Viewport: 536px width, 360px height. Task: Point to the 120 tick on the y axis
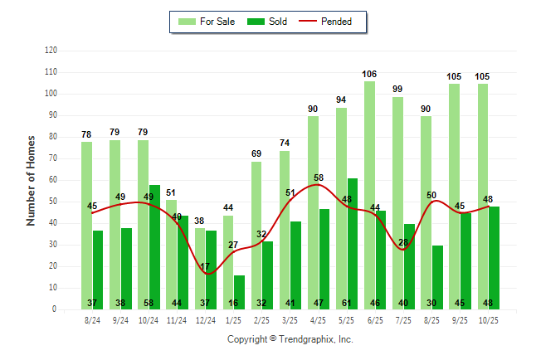pyautogui.click(x=51, y=51)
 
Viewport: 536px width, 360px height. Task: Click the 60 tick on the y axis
pyautogui.click(x=53, y=180)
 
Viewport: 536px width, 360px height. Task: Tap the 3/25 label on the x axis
pyautogui.click(x=290, y=319)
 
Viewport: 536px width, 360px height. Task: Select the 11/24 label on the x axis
pyautogui.click(x=177, y=319)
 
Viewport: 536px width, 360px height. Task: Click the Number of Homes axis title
pyautogui.click(x=31, y=180)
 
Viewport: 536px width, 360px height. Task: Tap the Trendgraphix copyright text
pyautogui.click(x=290, y=339)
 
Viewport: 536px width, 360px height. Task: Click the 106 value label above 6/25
pyautogui.click(x=369, y=75)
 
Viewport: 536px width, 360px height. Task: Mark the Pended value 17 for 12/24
pyautogui.click(x=205, y=267)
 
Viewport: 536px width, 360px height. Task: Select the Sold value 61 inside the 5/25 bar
pyautogui.click(x=353, y=304)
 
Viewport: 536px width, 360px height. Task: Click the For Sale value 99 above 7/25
pyautogui.click(x=398, y=90)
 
